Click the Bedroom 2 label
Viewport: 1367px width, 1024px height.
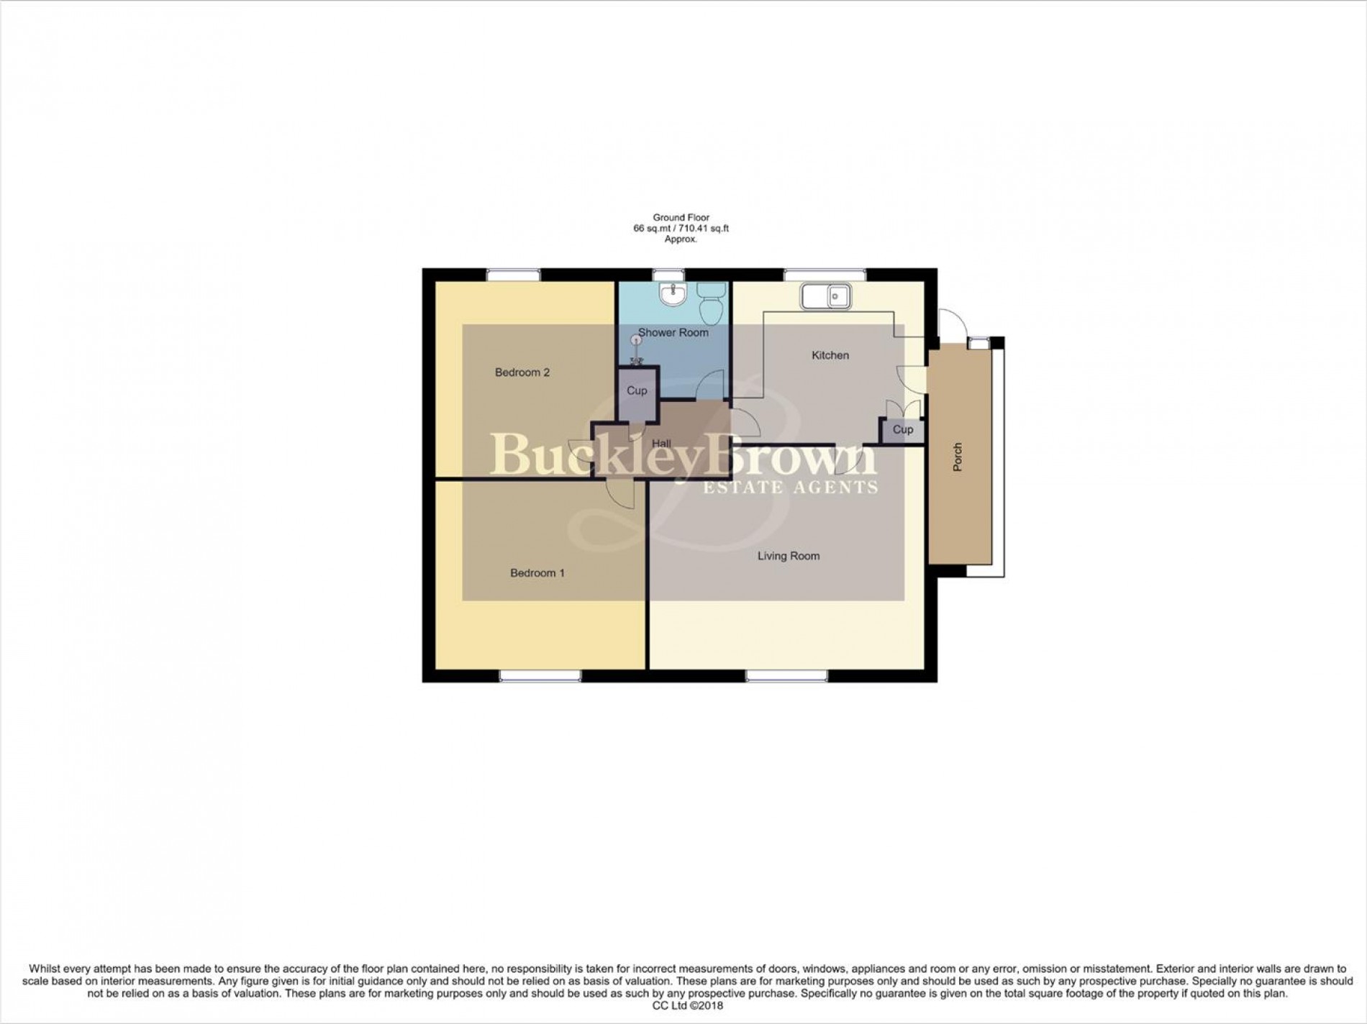tap(522, 372)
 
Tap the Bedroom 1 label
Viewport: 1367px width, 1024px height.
tap(537, 573)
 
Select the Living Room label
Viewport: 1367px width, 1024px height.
tap(789, 556)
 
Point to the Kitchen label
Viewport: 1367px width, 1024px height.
tap(830, 355)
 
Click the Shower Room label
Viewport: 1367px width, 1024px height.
tap(673, 333)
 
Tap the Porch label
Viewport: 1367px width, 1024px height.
tap(958, 457)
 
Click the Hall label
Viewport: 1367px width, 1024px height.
tap(661, 444)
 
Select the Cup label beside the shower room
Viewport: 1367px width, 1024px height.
tap(637, 390)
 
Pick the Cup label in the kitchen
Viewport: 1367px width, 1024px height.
tap(903, 429)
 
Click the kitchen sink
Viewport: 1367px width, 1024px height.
tap(827, 296)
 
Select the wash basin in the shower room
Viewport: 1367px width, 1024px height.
tap(673, 293)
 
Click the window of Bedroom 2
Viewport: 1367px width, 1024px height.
tap(513, 275)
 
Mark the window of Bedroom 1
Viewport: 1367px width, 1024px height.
tap(541, 676)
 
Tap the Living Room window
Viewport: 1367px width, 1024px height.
tap(788, 676)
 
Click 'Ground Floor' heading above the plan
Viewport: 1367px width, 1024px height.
tap(681, 217)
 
